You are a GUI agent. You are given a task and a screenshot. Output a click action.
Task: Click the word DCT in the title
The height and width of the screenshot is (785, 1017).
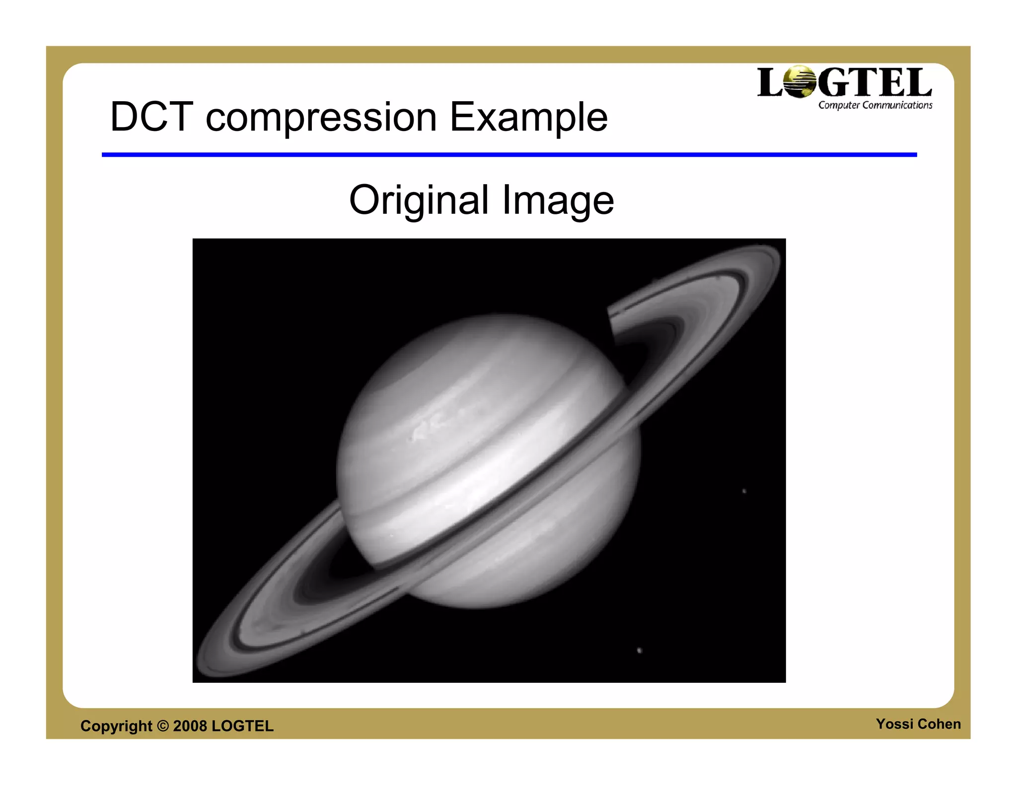(151, 117)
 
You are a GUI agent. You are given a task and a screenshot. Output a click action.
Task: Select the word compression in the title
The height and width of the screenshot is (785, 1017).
(321, 118)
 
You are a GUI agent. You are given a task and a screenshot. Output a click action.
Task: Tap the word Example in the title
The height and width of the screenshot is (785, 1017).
(528, 118)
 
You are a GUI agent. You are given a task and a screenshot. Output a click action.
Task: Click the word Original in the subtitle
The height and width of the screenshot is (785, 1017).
(419, 200)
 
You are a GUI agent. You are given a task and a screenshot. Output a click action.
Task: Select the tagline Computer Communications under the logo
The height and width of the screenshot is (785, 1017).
(875, 105)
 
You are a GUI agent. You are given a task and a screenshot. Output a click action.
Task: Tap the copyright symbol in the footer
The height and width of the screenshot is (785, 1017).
(163, 726)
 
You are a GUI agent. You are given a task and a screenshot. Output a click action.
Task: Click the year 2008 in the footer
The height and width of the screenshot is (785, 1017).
(190, 726)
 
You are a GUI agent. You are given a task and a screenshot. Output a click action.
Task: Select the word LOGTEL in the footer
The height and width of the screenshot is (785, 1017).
(242, 726)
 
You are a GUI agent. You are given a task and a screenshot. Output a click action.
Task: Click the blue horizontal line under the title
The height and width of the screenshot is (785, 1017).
(509, 155)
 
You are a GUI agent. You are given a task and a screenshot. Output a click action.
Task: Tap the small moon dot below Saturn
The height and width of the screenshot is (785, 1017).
(639, 650)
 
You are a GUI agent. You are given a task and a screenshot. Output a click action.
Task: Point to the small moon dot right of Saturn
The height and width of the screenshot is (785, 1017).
(744, 491)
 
